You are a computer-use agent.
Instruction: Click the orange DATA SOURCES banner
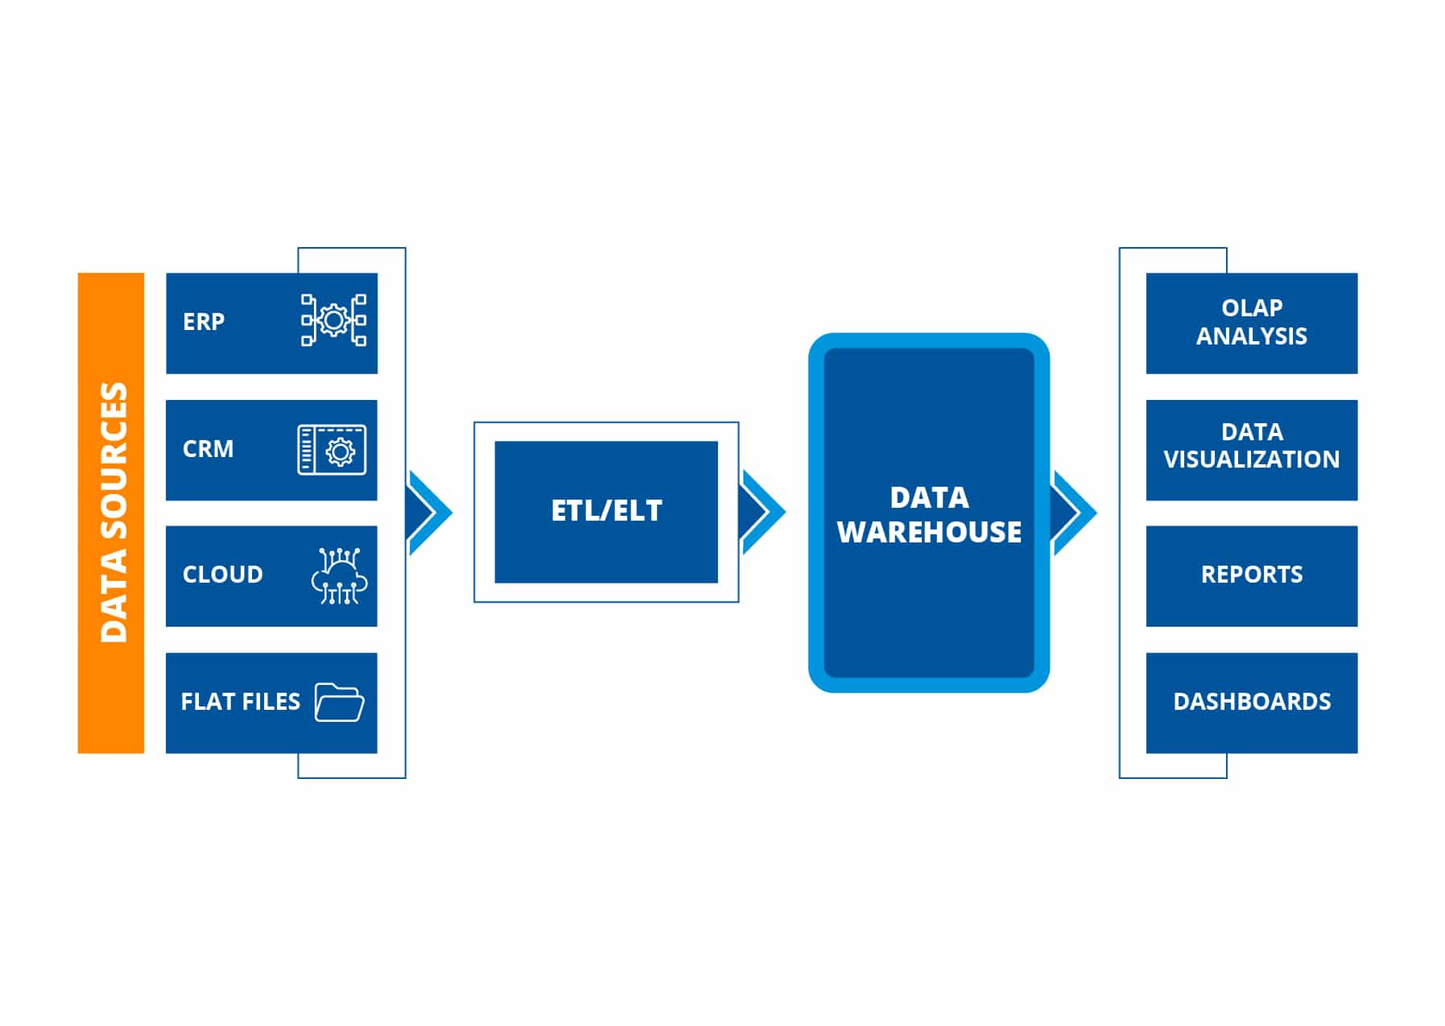tap(111, 513)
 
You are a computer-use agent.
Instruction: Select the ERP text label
tap(204, 322)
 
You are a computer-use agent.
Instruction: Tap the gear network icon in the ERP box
tap(334, 320)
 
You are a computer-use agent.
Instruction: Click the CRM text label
tap(208, 449)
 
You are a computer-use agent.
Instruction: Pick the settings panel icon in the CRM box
tap(332, 450)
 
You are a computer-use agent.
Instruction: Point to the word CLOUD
tap(223, 575)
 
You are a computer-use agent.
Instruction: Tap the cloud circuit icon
tap(339, 576)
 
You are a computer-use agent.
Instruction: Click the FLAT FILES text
tap(240, 702)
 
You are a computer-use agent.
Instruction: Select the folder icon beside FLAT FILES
tap(339, 703)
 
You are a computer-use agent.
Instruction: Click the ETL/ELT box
tap(606, 512)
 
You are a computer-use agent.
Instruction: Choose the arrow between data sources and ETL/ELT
tap(430, 513)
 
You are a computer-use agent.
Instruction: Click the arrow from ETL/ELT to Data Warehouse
tap(762, 513)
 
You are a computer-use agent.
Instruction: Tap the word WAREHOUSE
tap(929, 532)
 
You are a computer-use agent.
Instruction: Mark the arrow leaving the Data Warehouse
tap(1074, 513)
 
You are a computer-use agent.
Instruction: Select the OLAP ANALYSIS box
tap(1251, 323)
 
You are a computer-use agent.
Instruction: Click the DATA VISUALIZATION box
tap(1251, 450)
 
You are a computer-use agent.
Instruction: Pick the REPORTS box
tap(1251, 575)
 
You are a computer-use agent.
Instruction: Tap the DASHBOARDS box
tap(1251, 703)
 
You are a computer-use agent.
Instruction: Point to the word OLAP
tap(1252, 308)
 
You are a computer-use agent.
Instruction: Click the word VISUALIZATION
tap(1251, 459)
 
